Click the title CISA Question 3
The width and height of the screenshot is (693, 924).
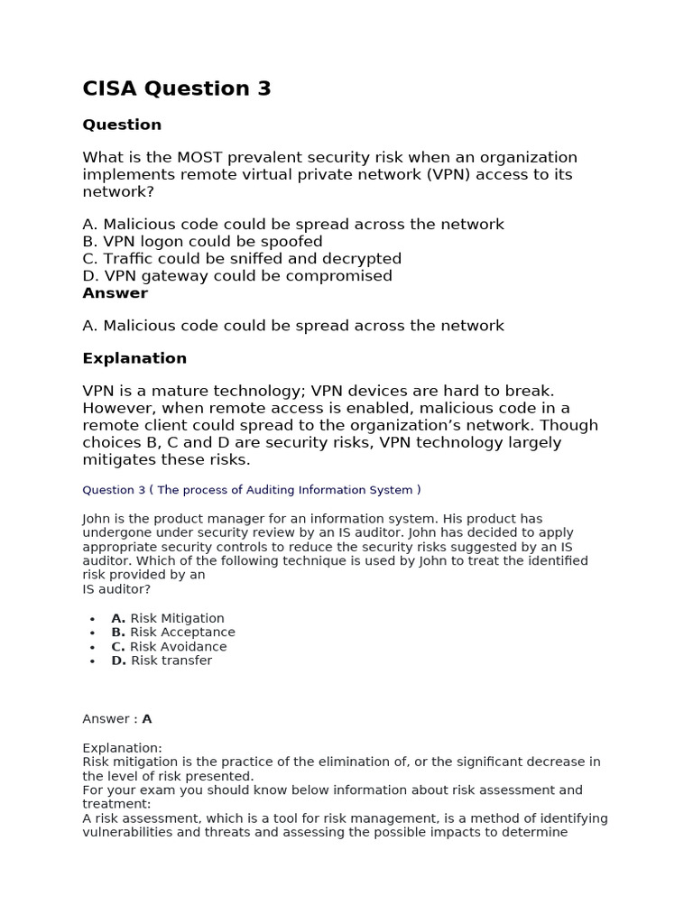(177, 88)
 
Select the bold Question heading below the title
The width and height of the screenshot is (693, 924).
(122, 125)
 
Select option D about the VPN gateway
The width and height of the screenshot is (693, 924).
(237, 276)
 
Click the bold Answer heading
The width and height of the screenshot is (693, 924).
(115, 293)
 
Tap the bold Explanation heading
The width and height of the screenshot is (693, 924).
(134, 358)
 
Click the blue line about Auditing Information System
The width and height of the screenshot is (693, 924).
(252, 490)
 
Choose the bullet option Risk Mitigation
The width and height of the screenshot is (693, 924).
(168, 618)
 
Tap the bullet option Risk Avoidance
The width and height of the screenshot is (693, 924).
(169, 647)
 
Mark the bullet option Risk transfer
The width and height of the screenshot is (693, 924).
(162, 661)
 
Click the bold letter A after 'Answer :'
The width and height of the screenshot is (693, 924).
(147, 719)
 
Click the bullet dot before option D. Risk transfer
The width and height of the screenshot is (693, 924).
(93, 661)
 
